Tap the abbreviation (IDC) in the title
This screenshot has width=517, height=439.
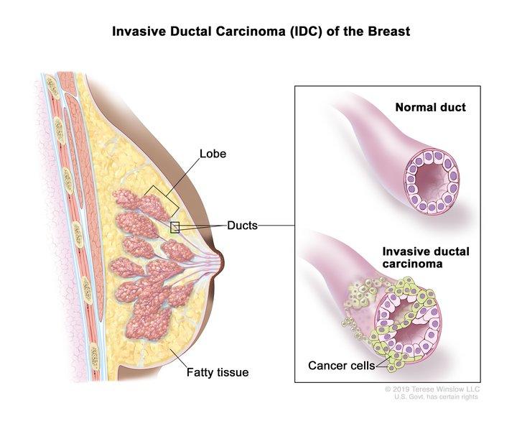(x=306, y=32)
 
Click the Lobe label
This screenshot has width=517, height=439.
(x=213, y=154)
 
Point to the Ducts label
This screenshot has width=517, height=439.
(x=243, y=226)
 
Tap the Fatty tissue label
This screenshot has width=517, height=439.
(x=218, y=372)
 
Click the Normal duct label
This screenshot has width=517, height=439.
(x=430, y=107)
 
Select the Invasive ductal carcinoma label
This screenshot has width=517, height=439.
(x=426, y=258)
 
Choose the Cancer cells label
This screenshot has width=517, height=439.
(x=342, y=366)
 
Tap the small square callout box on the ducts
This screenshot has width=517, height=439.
(x=174, y=227)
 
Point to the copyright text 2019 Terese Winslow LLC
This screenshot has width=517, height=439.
(x=432, y=389)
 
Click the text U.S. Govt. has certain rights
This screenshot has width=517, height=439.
(x=436, y=397)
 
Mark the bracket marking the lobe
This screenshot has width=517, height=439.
(x=162, y=201)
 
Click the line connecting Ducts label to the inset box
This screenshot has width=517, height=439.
(x=276, y=226)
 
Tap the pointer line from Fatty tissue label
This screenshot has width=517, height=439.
(x=178, y=358)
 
